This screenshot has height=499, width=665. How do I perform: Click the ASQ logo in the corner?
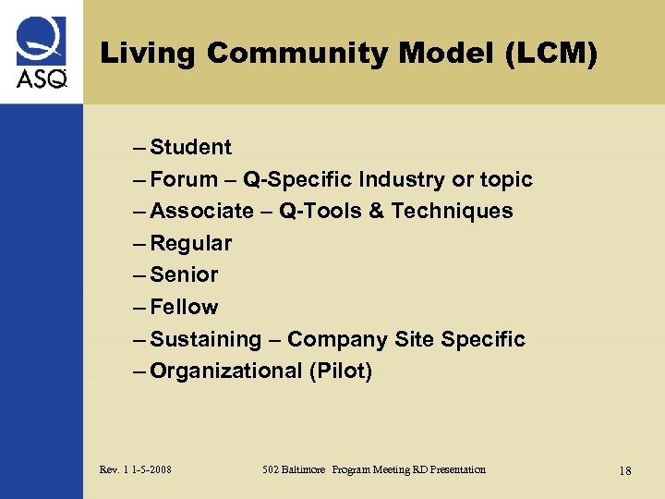(x=41, y=52)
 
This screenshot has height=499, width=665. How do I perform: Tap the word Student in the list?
(x=190, y=147)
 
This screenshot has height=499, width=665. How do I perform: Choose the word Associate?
(x=201, y=211)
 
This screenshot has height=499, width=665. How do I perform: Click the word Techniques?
(x=452, y=211)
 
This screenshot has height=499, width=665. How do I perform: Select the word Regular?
(x=190, y=243)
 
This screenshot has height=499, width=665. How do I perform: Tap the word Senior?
(x=184, y=274)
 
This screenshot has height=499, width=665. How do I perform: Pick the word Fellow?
(x=184, y=307)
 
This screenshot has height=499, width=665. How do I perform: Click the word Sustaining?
(x=205, y=339)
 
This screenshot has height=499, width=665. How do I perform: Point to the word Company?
(x=337, y=339)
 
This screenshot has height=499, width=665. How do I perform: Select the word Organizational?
(x=225, y=371)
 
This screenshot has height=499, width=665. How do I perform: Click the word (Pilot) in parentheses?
(x=341, y=371)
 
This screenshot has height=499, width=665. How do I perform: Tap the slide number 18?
(x=625, y=470)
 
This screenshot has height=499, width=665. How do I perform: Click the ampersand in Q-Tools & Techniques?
(x=375, y=211)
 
